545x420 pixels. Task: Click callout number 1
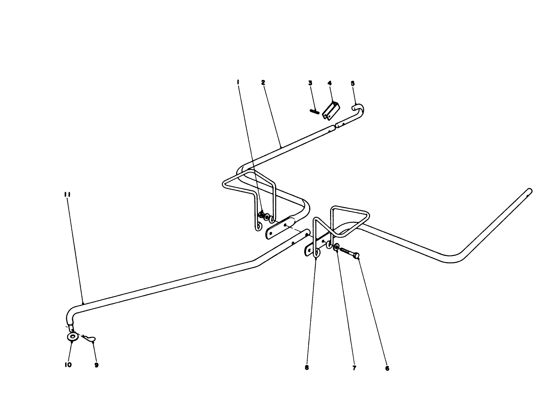point(238,82)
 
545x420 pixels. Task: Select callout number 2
point(263,82)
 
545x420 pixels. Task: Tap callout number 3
point(310,83)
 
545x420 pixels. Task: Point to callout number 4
point(329,83)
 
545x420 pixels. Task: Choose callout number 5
point(353,83)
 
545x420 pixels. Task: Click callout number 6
point(387,368)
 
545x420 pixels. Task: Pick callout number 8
point(306,368)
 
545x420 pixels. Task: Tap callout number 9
point(96,365)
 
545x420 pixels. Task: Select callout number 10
point(68,365)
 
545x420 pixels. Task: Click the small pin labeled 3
point(315,111)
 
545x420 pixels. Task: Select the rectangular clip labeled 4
point(330,111)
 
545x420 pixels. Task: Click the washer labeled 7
point(336,247)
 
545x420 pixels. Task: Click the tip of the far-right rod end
point(529,191)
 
